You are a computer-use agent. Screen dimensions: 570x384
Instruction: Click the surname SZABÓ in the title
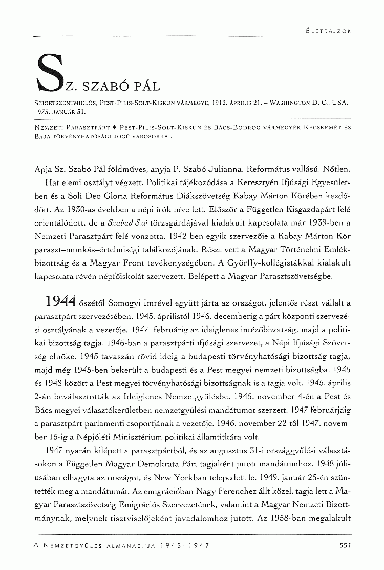point(104,84)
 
